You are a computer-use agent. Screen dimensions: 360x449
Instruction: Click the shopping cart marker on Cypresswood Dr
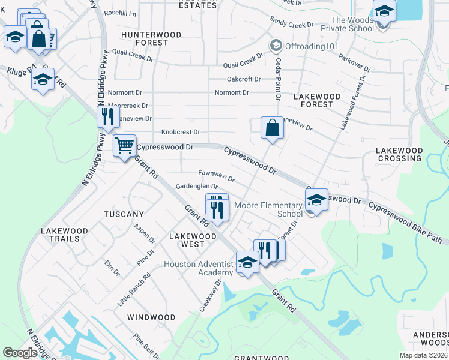(x=124, y=146)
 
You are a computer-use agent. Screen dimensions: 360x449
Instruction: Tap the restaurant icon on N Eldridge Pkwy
(x=107, y=116)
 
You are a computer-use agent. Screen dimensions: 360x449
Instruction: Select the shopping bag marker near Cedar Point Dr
(x=272, y=128)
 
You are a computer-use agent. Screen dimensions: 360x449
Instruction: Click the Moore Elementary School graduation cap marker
(x=317, y=200)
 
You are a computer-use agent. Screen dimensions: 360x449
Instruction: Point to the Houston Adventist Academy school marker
(x=247, y=262)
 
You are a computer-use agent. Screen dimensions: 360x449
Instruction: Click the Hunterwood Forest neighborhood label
(x=151, y=38)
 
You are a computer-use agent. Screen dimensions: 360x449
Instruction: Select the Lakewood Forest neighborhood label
(x=317, y=100)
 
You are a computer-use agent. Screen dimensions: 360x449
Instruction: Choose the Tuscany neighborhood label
(x=124, y=214)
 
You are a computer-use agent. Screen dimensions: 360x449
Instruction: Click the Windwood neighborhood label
(x=151, y=317)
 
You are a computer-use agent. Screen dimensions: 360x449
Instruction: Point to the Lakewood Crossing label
(x=399, y=154)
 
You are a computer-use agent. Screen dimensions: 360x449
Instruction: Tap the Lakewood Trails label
(x=64, y=235)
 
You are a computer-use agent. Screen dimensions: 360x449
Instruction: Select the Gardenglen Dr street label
(x=196, y=187)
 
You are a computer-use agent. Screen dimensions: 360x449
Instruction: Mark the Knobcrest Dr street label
(x=180, y=132)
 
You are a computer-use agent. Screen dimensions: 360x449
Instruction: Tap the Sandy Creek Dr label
(x=292, y=22)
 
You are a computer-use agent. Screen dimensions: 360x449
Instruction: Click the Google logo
(x=20, y=353)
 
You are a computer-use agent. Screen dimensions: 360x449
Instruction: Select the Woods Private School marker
(x=384, y=10)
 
